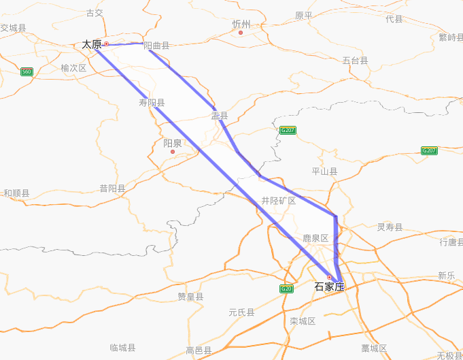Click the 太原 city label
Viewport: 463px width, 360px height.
tap(92, 45)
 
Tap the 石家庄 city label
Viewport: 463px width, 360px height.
tap(329, 287)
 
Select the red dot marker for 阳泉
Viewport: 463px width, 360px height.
tap(173, 152)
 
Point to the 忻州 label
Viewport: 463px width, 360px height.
tap(241, 24)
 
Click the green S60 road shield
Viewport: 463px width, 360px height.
tap(27, 71)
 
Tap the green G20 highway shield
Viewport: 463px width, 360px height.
tap(286, 289)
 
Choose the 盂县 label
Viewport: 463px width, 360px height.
tap(219, 116)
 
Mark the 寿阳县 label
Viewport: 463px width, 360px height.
tap(152, 103)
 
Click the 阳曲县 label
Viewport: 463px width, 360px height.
tap(156, 46)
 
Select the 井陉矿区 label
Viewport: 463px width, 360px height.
tap(279, 201)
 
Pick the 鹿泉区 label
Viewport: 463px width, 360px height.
tap(315, 238)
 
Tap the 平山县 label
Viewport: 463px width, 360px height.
tap(324, 171)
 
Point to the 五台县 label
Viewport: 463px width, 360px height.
tap(355, 61)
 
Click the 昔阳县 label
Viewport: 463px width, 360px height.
tap(112, 189)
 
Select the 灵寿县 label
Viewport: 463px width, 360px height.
tap(390, 227)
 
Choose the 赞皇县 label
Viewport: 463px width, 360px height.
tap(190, 297)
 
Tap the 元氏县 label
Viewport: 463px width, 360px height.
tap(241, 312)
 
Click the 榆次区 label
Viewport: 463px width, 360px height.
tap(73, 68)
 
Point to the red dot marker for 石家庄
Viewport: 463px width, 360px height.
tap(329, 277)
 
